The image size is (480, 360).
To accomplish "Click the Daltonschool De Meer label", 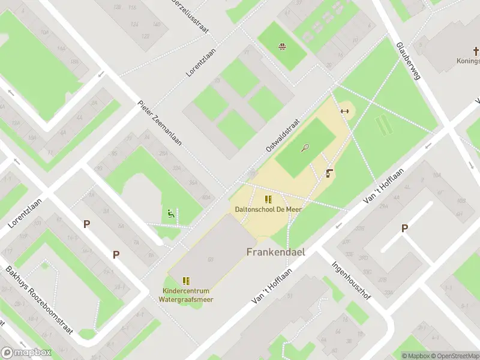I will (x=268, y=209).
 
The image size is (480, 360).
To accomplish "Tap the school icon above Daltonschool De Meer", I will (x=268, y=199).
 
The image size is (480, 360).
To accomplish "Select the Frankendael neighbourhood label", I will (x=275, y=252).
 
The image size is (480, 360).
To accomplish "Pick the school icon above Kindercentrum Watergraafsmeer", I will (x=186, y=280).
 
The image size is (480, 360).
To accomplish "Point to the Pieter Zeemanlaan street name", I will (x=160, y=123).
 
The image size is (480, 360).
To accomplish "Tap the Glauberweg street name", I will (x=408, y=61).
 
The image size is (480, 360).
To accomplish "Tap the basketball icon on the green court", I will (x=281, y=46).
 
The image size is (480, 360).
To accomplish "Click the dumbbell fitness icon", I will (x=344, y=110).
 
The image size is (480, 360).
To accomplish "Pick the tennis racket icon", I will (x=306, y=148).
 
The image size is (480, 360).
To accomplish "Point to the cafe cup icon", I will (x=329, y=174).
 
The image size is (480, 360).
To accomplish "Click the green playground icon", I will (x=171, y=213).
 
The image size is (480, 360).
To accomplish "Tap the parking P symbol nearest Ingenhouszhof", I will (x=404, y=228).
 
